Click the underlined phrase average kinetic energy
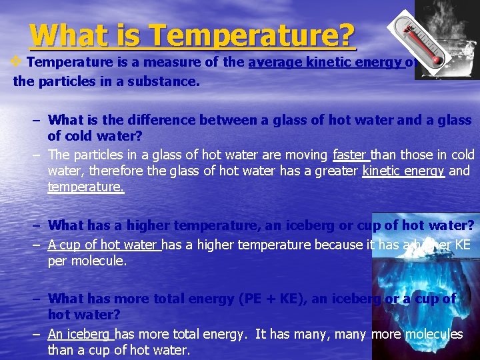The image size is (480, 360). pyautogui.click(x=325, y=63)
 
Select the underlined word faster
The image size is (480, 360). pyautogui.click(x=349, y=155)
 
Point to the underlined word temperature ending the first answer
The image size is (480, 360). pyautogui.click(x=85, y=187)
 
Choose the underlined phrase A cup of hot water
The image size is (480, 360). pyautogui.click(x=103, y=245)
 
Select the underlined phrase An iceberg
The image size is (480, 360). pyautogui.click(x=80, y=335)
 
